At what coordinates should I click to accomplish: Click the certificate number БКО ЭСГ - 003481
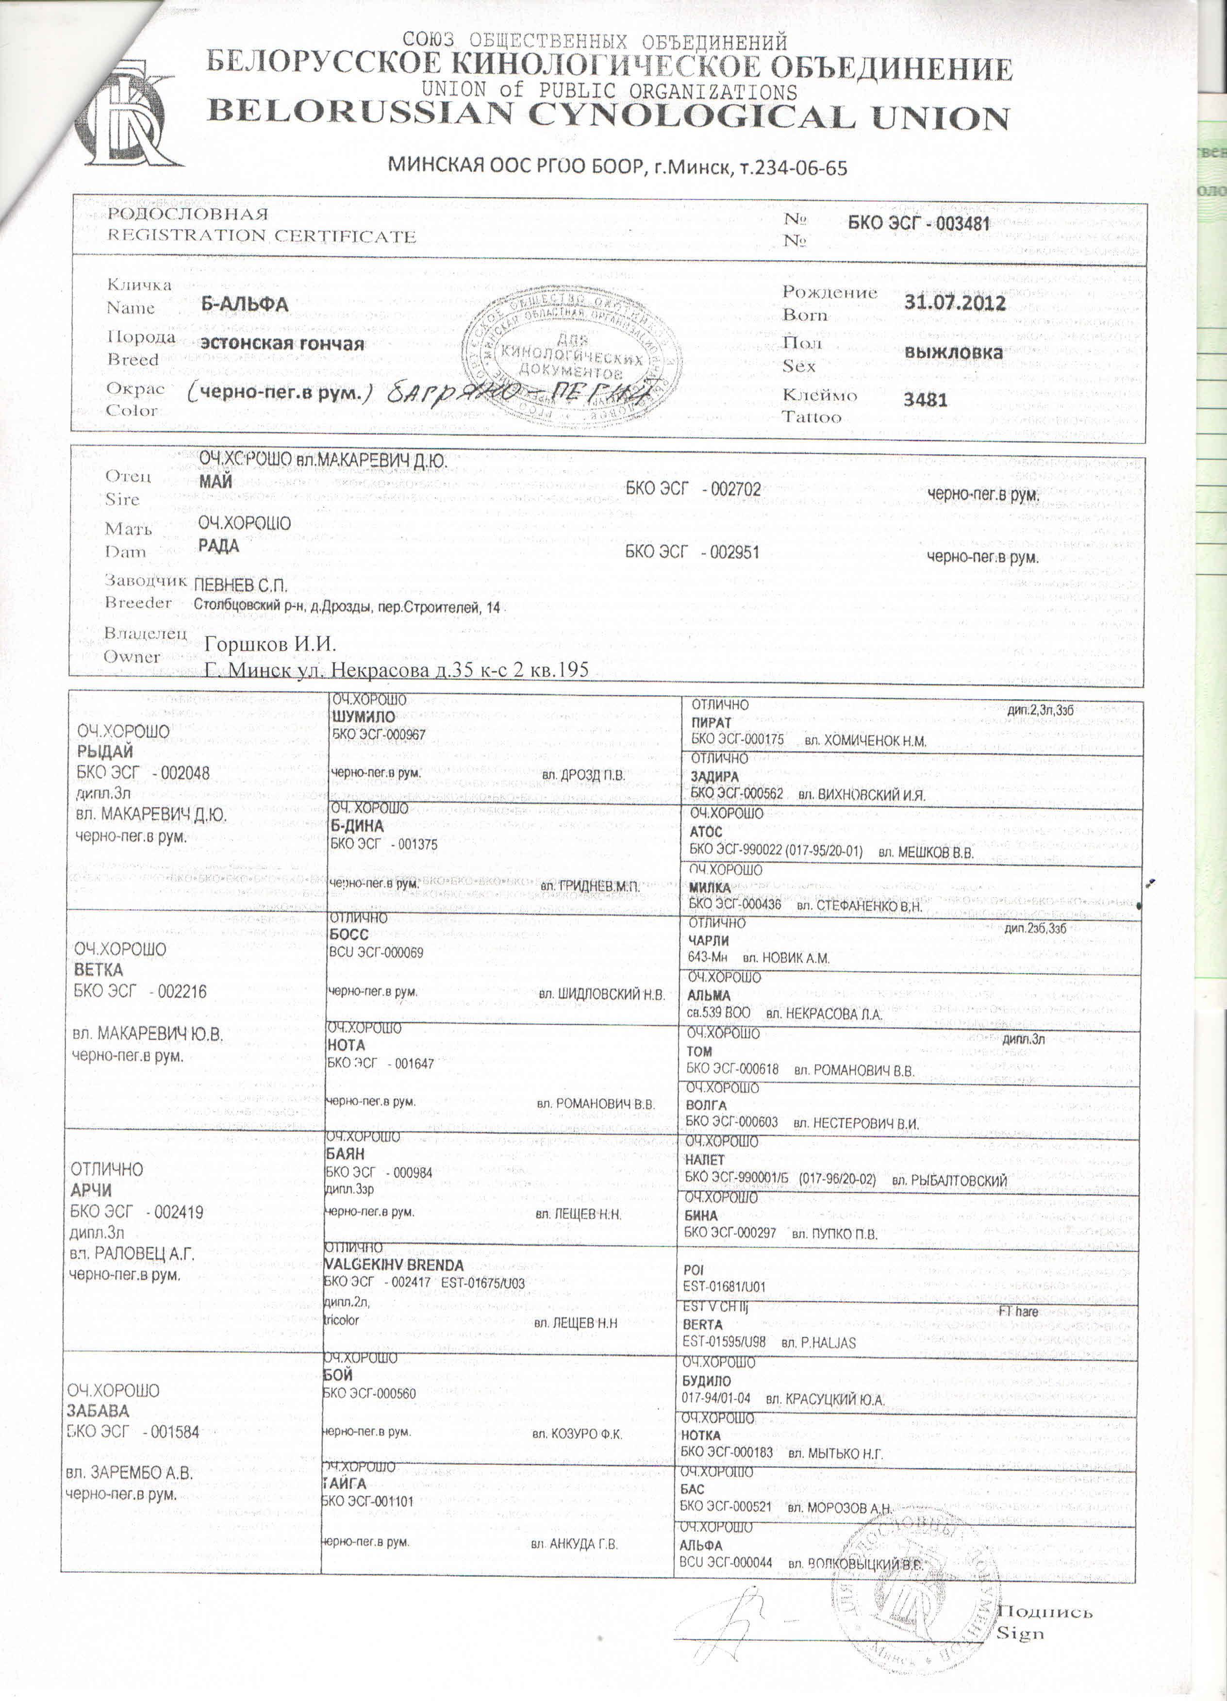(919, 223)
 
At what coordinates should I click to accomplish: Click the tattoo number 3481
(926, 399)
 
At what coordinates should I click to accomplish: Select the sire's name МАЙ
(216, 482)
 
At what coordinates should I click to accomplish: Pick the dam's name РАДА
(218, 546)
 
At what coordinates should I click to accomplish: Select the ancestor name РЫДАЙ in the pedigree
(105, 751)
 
